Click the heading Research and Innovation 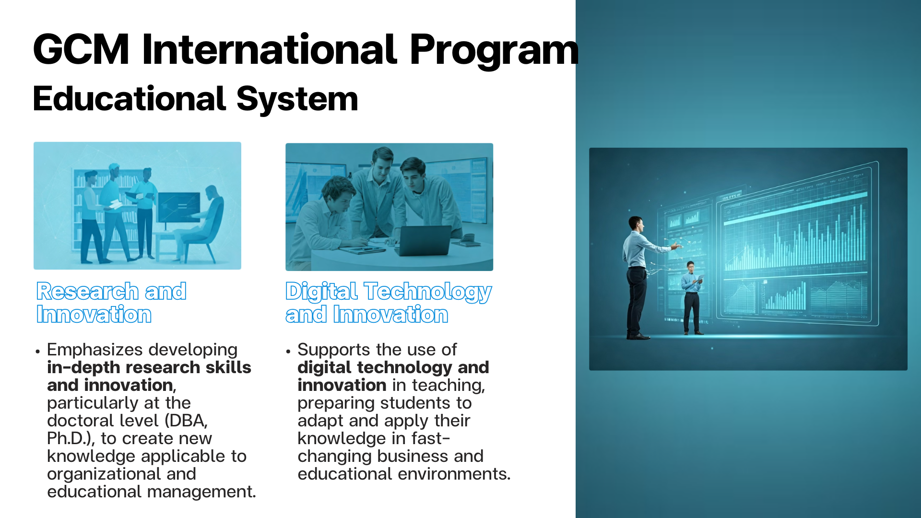(111, 303)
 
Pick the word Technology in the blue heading (428, 292)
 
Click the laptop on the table (425, 240)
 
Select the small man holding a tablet (692, 298)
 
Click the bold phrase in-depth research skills (149, 367)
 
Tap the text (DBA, (186, 421)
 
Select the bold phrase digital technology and (393, 368)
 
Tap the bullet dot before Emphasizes (37, 352)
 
